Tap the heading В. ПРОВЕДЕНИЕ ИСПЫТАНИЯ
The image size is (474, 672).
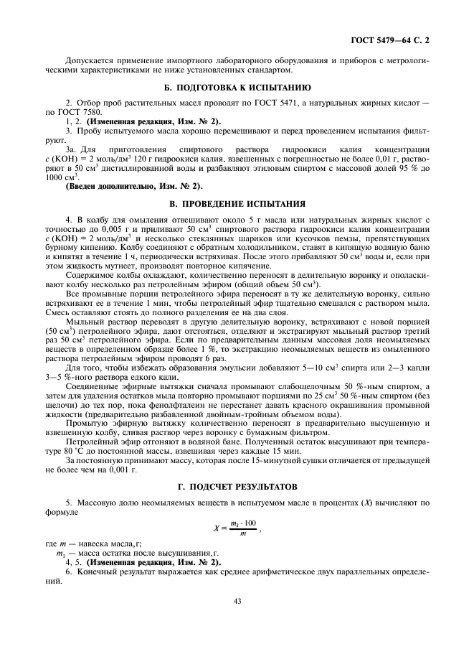pos(237,202)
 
